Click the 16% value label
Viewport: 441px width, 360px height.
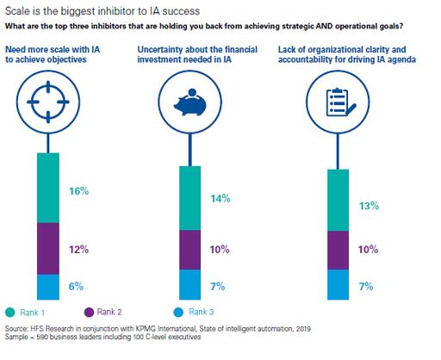click(x=79, y=191)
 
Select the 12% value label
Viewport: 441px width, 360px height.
click(x=79, y=249)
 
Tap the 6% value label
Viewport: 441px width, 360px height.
click(x=76, y=286)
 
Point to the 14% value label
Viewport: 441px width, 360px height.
click(x=220, y=198)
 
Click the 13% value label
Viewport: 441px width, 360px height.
click(x=370, y=206)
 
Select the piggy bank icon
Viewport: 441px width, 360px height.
click(x=190, y=102)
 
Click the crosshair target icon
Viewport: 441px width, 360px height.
click(x=48, y=102)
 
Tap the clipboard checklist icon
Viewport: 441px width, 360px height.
click(x=341, y=102)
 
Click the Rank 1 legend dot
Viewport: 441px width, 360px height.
click(x=10, y=313)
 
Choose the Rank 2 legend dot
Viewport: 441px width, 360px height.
click(x=89, y=313)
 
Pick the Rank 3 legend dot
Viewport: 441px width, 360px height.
click(x=178, y=313)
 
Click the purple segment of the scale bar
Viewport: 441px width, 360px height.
click(x=48, y=249)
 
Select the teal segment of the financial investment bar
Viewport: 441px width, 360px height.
click(x=190, y=198)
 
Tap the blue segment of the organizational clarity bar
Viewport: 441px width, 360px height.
click(x=339, y=284)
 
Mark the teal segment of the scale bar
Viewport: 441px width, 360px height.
click(x=48, y=188)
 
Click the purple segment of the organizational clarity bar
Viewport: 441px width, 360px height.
click(x=339, y=250)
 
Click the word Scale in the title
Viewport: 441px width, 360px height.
click(x=18, y=11)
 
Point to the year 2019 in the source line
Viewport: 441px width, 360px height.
click(x=303, y=328)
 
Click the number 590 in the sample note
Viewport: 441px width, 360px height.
click(x=42, y=337)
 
